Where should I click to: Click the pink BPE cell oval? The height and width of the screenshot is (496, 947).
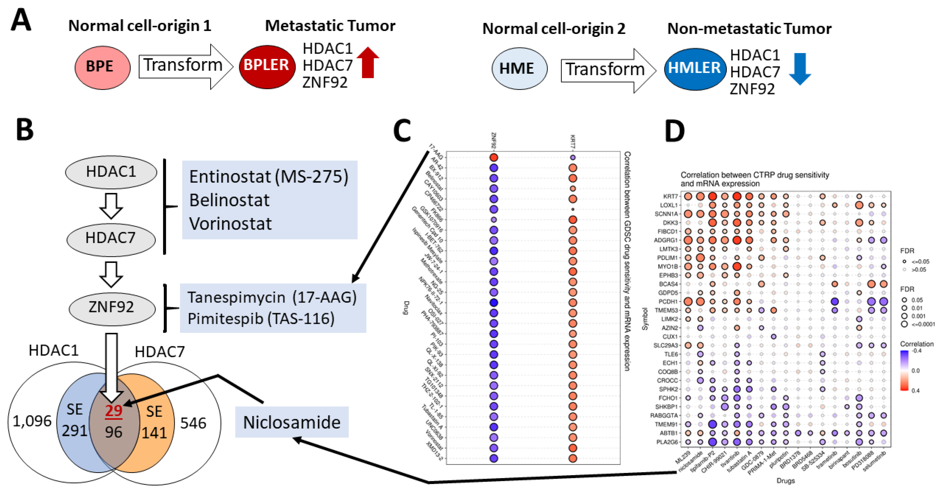pos(102,67)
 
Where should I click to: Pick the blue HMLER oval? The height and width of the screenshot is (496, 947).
pos(694,69)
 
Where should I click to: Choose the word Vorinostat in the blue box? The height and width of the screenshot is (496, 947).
pos(230,224)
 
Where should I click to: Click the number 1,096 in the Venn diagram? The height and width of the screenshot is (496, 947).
pos(32,421)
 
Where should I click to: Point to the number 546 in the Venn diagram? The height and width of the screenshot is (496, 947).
pos(193,423)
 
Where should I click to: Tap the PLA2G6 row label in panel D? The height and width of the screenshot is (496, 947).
pos(666,442)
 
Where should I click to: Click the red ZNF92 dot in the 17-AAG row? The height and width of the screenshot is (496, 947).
pos(493,158)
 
